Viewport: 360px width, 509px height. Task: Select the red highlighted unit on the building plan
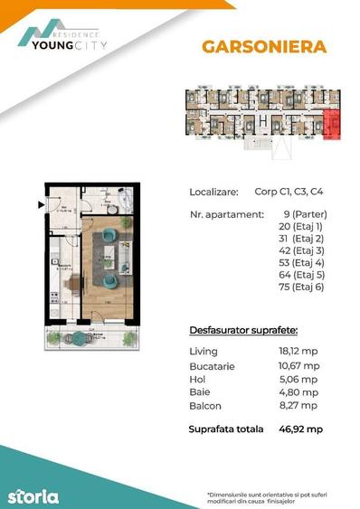[330, 123]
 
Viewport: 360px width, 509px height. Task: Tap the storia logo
[33, 495]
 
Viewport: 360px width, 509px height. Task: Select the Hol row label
[198, 379]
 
